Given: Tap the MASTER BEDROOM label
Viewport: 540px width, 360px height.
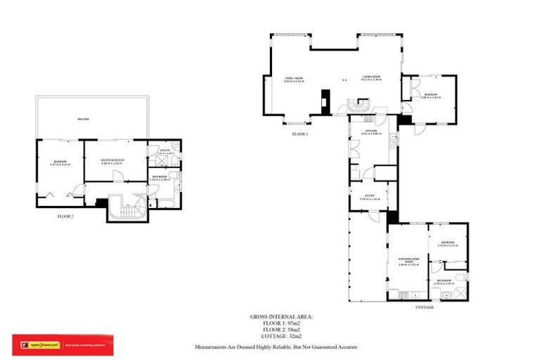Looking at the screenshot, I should (112, 160).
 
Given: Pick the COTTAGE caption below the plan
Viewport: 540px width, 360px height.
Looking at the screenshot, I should (425, 307).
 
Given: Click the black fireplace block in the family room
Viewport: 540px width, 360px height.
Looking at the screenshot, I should (325, 100).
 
